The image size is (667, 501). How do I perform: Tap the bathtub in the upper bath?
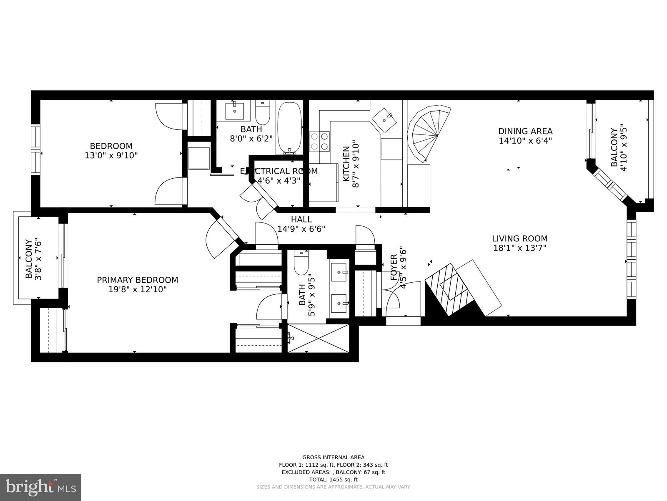(289, 127)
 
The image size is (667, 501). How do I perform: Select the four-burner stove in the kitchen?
(319, 141)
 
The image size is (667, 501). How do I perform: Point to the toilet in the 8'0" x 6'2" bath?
(263, 111)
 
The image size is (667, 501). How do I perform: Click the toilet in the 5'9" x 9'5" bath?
(301, 263)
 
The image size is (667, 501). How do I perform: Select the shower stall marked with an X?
(318, 338)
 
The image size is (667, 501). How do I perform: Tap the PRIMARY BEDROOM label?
(137, 280)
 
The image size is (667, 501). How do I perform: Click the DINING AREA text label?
(525, 132)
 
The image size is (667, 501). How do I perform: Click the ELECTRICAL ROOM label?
(278, 171)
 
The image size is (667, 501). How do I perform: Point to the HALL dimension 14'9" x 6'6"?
(301, 229)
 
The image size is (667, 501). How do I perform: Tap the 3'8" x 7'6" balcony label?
(33, 259)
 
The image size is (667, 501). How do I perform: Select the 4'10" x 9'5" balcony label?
(619, 147)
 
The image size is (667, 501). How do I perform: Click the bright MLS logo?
(40, 487)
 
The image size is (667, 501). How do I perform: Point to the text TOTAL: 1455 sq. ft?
(333, 480)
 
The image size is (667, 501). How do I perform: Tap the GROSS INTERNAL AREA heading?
(333, 458)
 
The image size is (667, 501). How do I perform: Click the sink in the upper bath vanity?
(235, 110)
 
